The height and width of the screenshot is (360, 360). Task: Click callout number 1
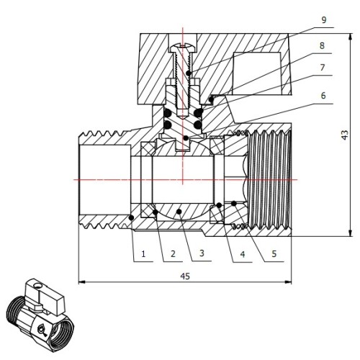click(x=143, y=254)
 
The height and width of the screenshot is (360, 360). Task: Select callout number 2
click(x=173, y=253)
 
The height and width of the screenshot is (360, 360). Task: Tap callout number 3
click(x=202, y=253)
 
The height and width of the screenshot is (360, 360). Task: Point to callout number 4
click(x=243, y=254)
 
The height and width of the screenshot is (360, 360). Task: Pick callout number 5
click(x=274, y=253)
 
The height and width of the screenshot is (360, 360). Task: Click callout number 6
click(x=323, y=96)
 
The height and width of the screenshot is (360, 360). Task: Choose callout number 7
click(x=323, y=68)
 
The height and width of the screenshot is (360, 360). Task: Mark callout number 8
click(x=322, y=45)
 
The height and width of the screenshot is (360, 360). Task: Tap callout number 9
click(x=324, y=20)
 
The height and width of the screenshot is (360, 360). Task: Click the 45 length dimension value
click(x=185, y=276)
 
